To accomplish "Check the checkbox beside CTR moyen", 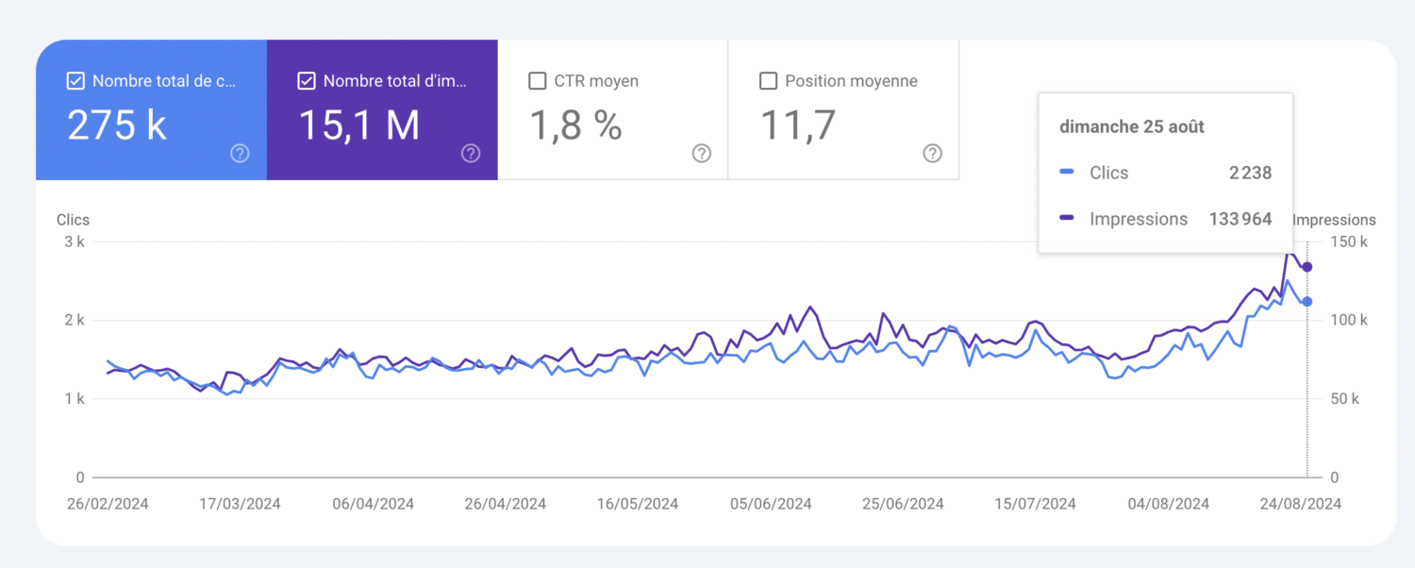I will pyautogui.click(x=538, y=81).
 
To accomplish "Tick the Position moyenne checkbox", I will pyautogui.click(x=768, y=81).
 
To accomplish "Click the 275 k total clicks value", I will pyautogui.click(x=117, y=125).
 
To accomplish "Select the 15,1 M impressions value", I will pyautogui.click(x=358, y=125).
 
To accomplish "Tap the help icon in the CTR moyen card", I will pyautogui.click(x=701, y=154).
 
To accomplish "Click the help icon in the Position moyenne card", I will pyautogui.click(x=932, y=154).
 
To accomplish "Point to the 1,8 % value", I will pyautogui.click(x=575, y=125).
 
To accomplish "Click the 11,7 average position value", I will pyautogui.click(x=798, y=125).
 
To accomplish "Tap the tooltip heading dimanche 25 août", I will pyautogui.click(x=1131, y=126).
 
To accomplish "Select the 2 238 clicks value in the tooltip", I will pyautogui.click(x=1250, y=173).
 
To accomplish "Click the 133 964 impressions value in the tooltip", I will pyautogui.click(x=1240, y=219).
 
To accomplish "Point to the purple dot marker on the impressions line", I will pyautogui.click(x=1307, y=267).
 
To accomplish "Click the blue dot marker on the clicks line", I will pyautogui.click(x=1307, y=302).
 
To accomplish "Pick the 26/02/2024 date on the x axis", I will pyautogui.click(x=108, y=504).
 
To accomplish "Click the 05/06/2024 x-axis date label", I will pyautogui.click(x=771, y=504).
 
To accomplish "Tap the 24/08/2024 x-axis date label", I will pyautogui.click(x=1300, y=504).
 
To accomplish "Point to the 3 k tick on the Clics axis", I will pyautogui.click(x=75, y=242).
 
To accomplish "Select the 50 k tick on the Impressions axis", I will pyautogui.click(x=1343, y=399).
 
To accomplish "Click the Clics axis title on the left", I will pyautogui.click(x=73, y=220).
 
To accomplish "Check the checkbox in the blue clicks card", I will pyautogui.click(x=76, y=81).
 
